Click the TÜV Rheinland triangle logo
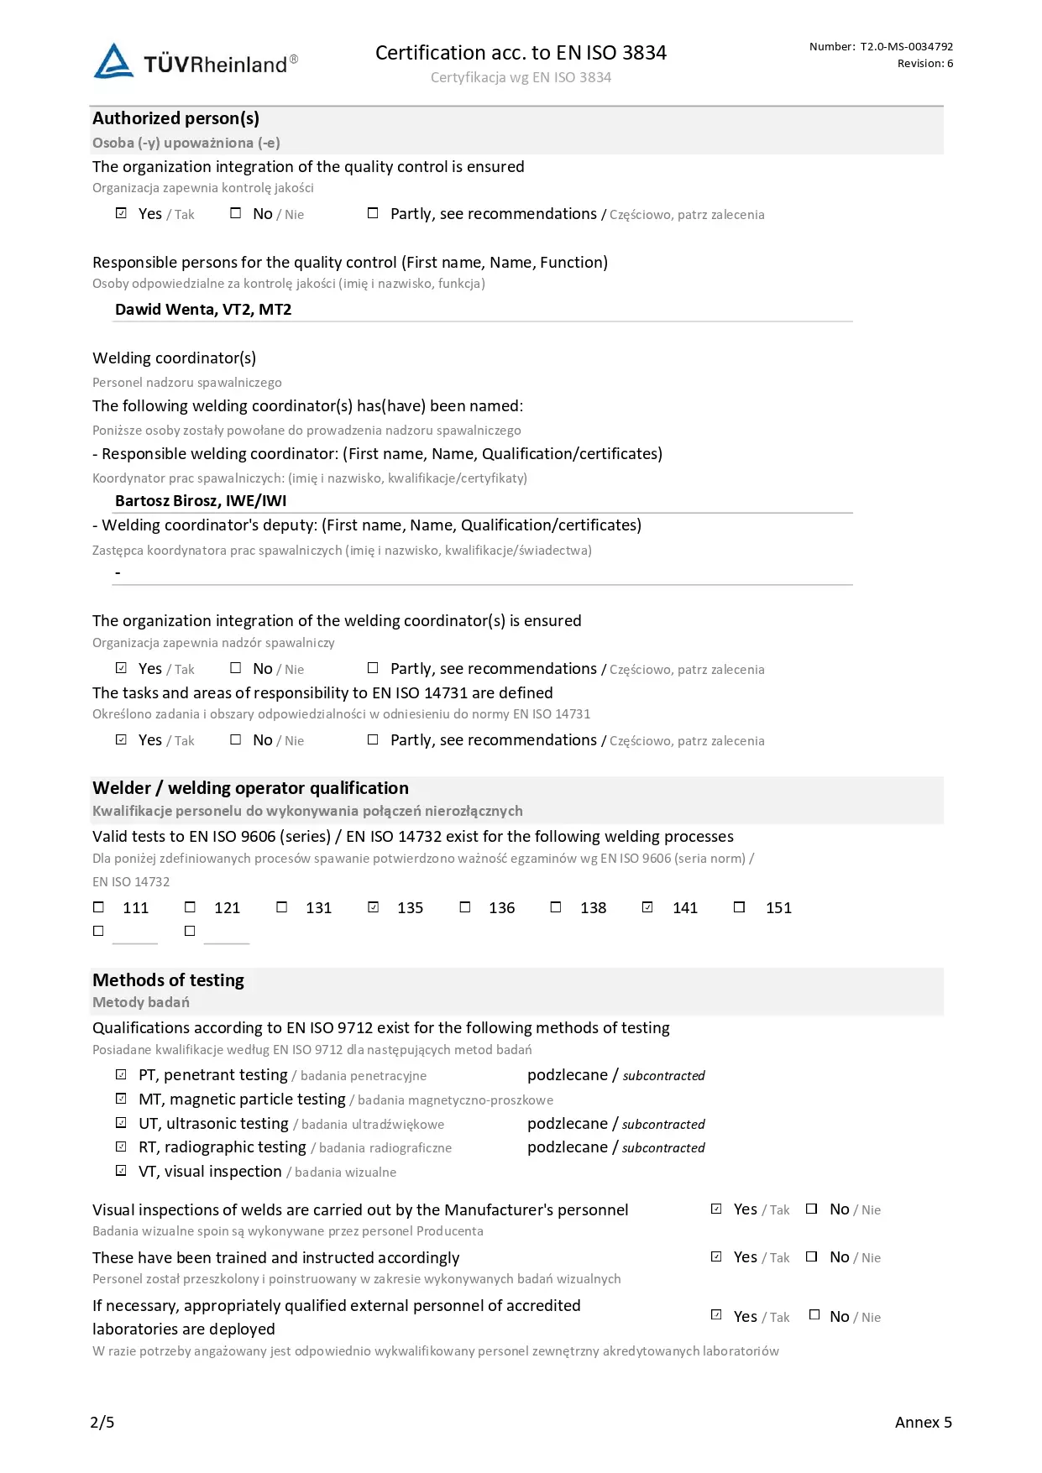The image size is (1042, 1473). pyautogui.click(x=113, y=61)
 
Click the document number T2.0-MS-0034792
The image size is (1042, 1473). pyautogui.click(x=906, y=47)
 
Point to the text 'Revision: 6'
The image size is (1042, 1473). pyautogui.click(x=924, y=64)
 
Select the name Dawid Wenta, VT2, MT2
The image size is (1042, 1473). pyautogui.click(x=203, y=310)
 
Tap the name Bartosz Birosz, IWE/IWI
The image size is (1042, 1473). pyautogui.click(x=201, y=501)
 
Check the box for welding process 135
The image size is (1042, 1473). pyautogui.click(x=374, y=907)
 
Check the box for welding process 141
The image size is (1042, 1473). pyautogui.click(x=647, y=907)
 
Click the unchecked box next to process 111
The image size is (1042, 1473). pyautogui.click(x=99, y=907)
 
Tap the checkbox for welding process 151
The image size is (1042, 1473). pyautogui.click(x=739, y=907)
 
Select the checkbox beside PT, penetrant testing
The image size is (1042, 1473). pyautogui.click(x=121, y=1075)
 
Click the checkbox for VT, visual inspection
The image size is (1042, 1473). pyautogui.click(x=121, y=1171)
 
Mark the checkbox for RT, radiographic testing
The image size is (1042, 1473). pyautogui.click(x=121, y=1147)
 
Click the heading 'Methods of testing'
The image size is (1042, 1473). pyautogui.click(x=168, y=980)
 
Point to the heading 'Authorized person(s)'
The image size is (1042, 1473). pyautogui.click(x=175, y=118)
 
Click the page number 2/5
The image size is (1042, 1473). pyautogui.click(x=102, y=1422)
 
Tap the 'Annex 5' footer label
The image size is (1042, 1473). pyautogui.click(x=923, y=1422)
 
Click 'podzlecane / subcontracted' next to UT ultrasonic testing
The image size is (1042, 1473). pyautogui.click(x=615, y=1124)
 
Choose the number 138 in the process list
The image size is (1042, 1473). pyautogui.click(x=593, y=908)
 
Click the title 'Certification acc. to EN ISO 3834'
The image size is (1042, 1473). pyautogui.click(x=521, y=53)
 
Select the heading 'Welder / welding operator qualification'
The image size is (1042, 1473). pyautogui.click(x=250, y=788)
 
